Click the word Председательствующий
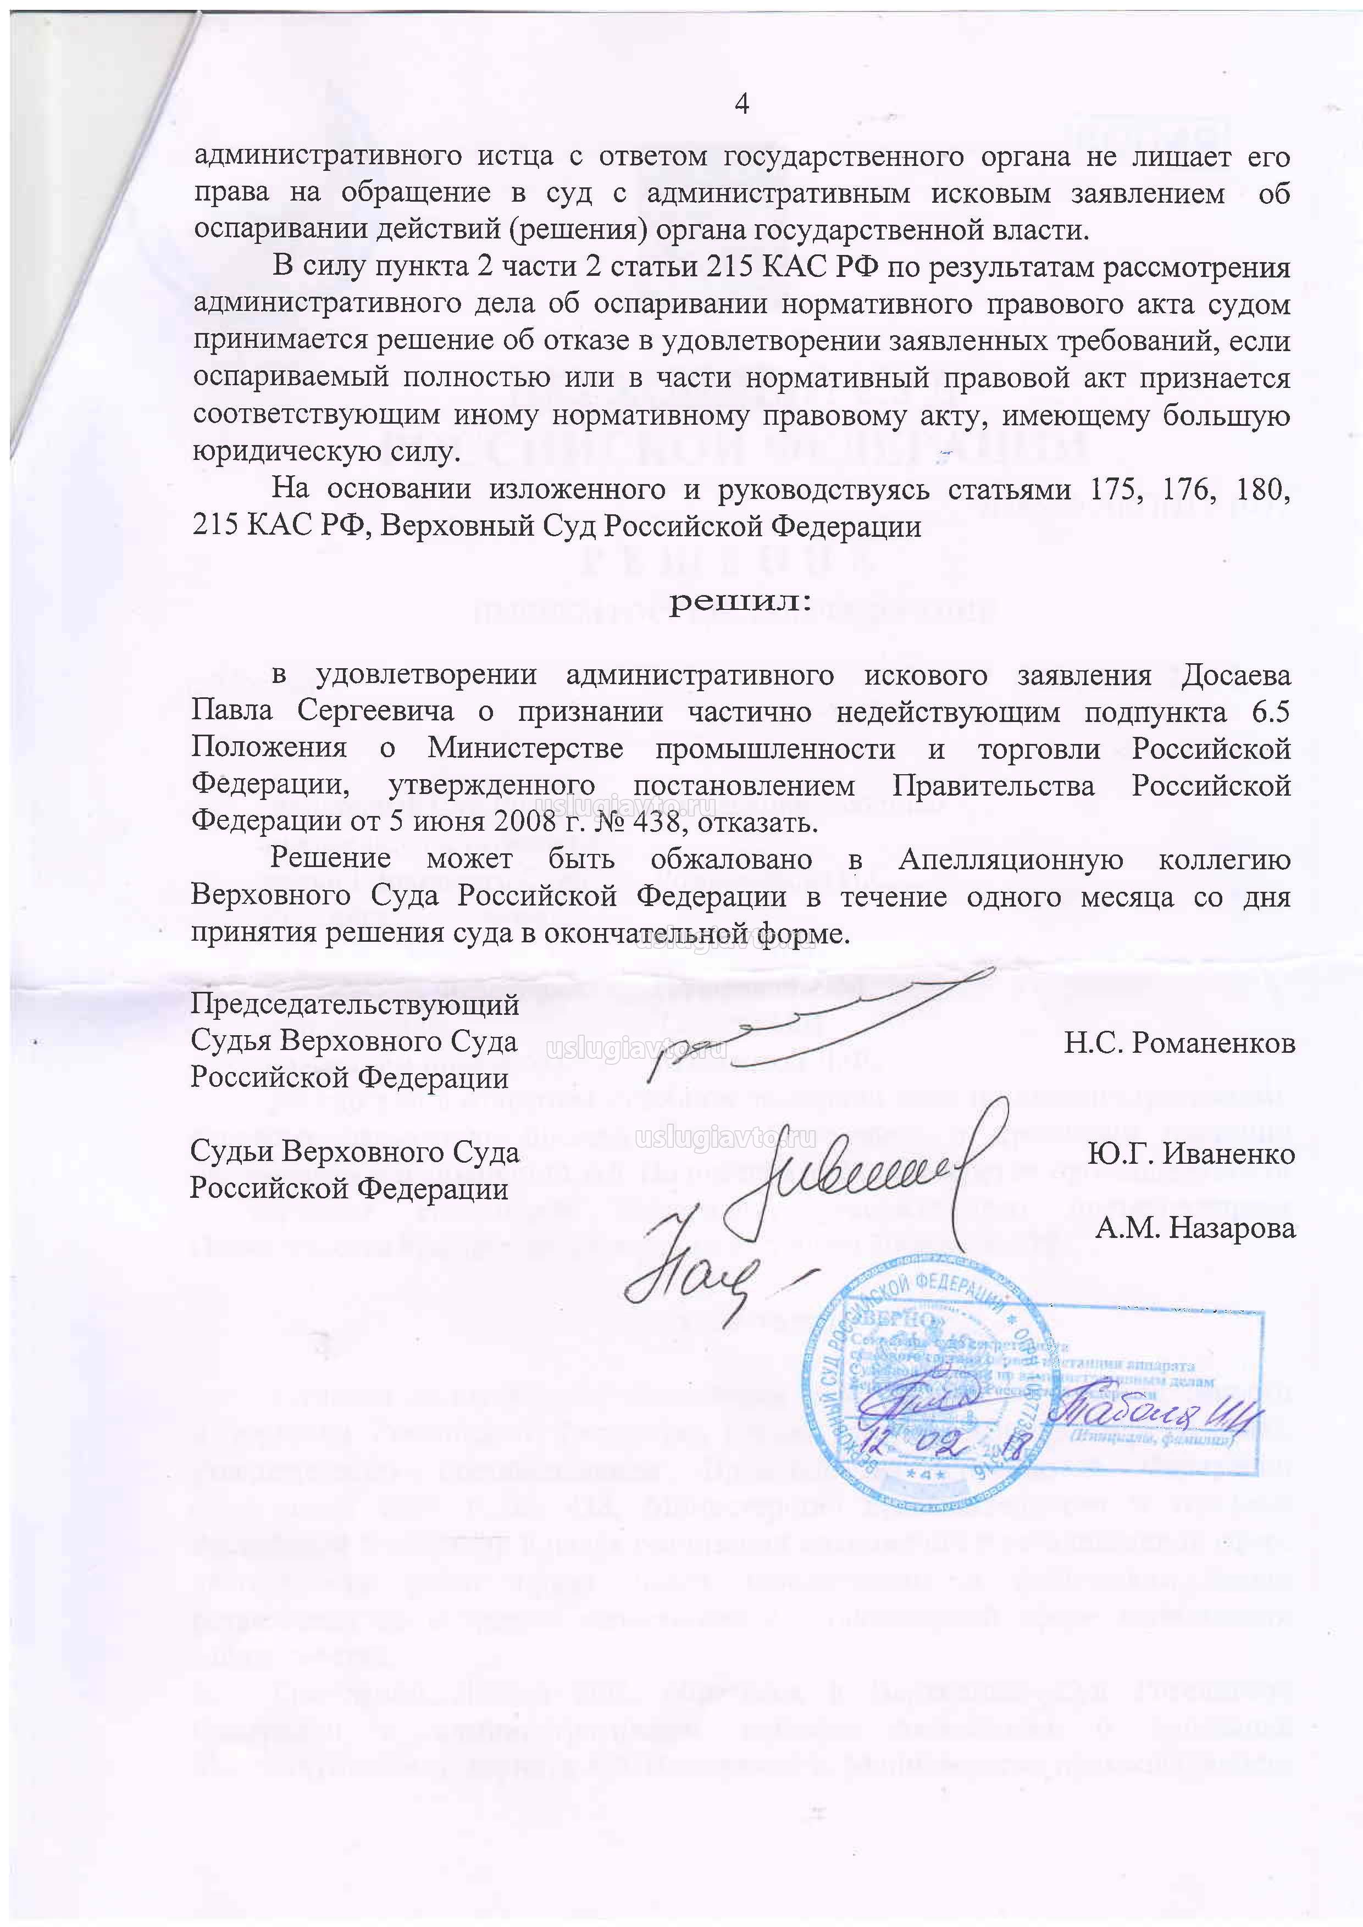[x=354, y=1004]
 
